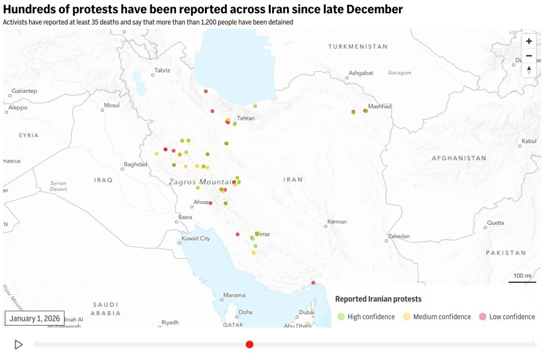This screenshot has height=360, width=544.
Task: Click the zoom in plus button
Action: (x=529, y=41)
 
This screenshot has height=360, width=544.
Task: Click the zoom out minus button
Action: (x=529, y=56)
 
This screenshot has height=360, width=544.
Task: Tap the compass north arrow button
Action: (x=529, y=70)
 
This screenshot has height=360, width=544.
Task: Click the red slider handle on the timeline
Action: (x=250, y=344)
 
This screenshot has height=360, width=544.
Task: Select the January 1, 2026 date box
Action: (x=35, y=318)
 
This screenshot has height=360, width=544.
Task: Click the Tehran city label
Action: (x=245, y=118)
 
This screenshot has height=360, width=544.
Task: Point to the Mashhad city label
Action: (x=380, y=106)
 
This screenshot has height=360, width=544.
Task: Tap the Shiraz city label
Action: (x=263, y=234)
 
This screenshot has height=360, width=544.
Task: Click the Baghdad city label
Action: (x=135, y=164)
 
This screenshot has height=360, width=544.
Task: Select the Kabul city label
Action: (x=529, y=141)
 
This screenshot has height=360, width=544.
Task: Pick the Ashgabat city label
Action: (x=361, y=73)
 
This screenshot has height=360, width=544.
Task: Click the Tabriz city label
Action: (x=162, y=71)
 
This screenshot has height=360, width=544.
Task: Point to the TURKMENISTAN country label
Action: (x=358, y=47)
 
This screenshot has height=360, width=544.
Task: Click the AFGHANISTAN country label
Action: (x=459, y=158)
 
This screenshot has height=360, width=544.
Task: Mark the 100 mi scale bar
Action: (x=522, y=278)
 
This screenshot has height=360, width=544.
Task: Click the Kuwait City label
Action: (x=196, y=239)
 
